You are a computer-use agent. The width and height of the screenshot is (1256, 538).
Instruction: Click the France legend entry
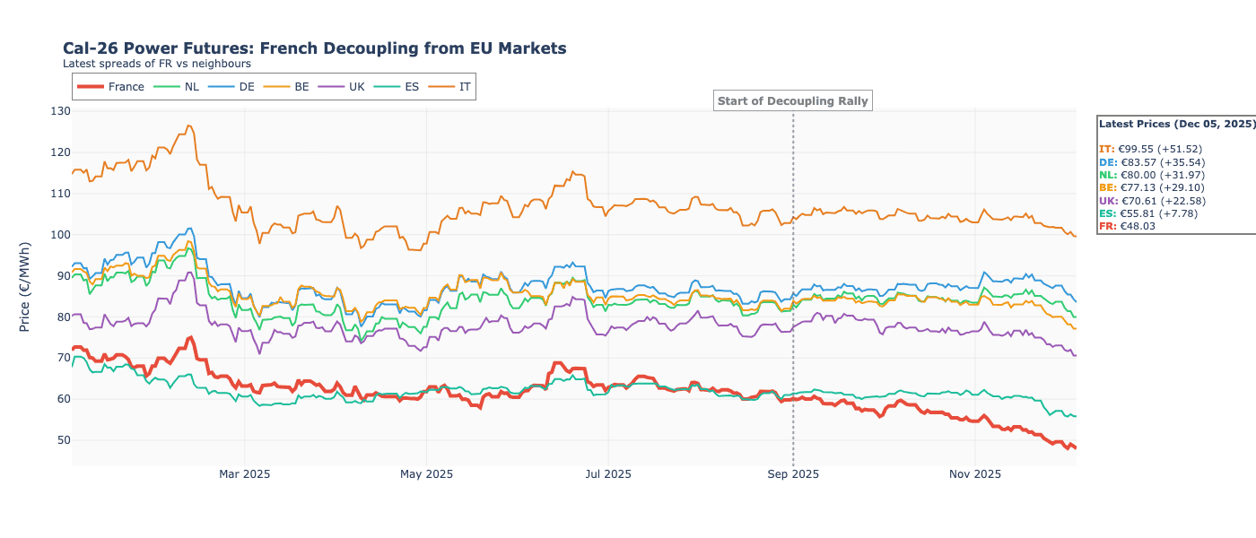pyautogui.click(x=111, y=87)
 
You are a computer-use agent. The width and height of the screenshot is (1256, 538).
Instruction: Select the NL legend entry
pyautogui.click(x=178, y=87)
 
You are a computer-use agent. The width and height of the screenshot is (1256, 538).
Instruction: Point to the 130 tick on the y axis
pyautogui.click(x=59, y=111)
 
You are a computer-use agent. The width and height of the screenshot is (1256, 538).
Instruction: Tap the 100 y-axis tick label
pyautogui.click(x=59, y=234)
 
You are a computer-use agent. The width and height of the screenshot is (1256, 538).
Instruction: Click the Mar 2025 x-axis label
pyautogui.click(x=245, y=473)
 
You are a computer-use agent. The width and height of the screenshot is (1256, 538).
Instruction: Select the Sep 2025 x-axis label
pyautogui.click(x=793, y=473)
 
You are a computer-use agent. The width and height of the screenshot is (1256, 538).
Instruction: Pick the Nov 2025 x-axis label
pyautogui.click(x=974, y=473)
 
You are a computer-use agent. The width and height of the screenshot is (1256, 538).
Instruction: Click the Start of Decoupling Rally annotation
pyautogui.click(x=793, y=101)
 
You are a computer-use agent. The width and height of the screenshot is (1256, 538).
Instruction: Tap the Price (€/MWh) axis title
pyautogui.click(x=25, y=286)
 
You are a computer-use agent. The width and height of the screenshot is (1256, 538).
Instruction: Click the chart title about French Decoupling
pyautogui.click(x=314, y=48)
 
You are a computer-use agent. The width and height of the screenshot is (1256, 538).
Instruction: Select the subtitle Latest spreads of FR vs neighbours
pyautogui.click(x=157, y=64)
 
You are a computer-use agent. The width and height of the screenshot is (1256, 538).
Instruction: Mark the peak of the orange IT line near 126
pyautogui.click(x=188, y=126)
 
